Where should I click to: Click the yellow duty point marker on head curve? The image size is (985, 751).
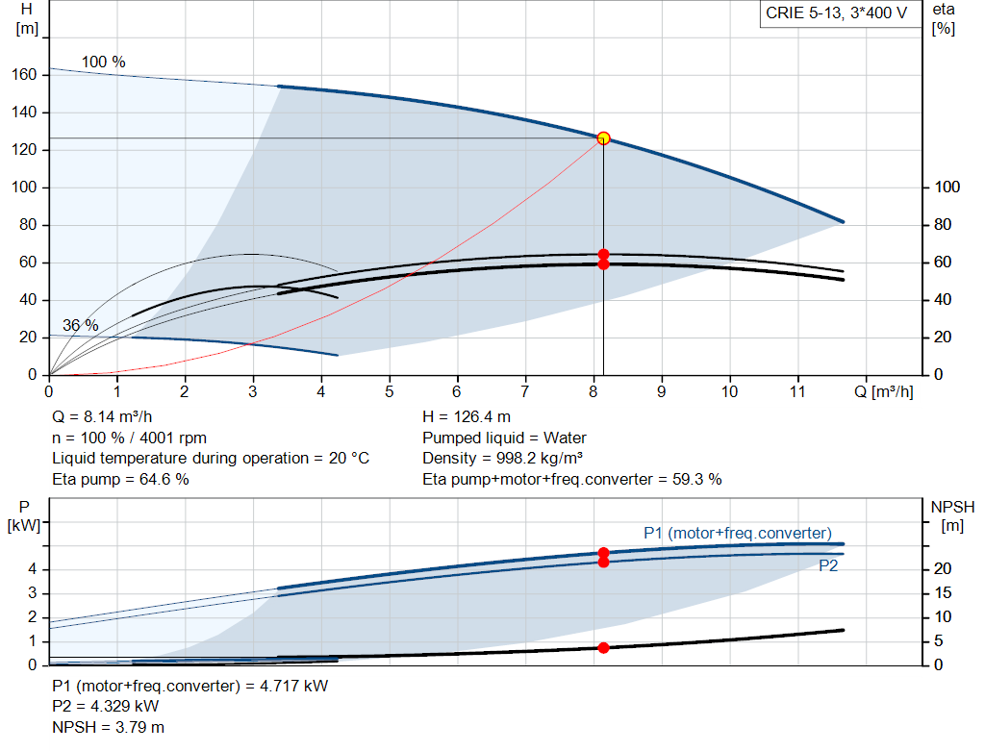(x=603, y=138)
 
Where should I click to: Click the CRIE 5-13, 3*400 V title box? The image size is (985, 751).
(x=837, y=13)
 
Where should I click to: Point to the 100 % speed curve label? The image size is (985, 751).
(x=103, y=63)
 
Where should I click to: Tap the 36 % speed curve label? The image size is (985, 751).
(x=81, y=326)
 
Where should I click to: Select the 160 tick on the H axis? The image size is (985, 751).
(x=25, y=75)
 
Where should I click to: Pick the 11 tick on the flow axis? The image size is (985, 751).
(x=797, y=392)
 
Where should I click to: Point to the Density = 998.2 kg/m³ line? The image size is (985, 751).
(x=503, y=459)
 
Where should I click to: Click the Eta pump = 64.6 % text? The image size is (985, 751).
(x=120, y=479)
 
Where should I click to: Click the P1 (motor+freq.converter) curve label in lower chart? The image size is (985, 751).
(x=738, y=533)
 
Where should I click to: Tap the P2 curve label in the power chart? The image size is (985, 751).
(x=828, y=566)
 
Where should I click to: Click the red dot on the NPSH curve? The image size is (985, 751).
(x=603, y=647)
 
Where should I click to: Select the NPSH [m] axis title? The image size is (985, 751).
(x=952, y=514)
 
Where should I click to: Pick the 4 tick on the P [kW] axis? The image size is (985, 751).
(x=32, y=569)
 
